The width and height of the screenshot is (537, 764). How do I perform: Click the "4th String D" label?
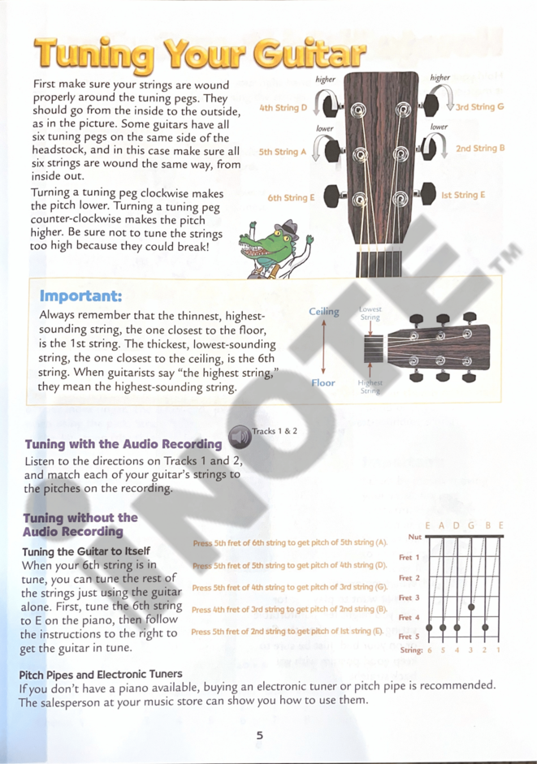(x=283, y=107)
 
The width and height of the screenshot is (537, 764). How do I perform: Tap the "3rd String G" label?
(x=479, y=106)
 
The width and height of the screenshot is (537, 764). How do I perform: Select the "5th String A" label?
(x=283, y=152)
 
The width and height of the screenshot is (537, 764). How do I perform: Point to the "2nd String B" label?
(x=480, y=149)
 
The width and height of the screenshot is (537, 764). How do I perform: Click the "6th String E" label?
(x=291, y=197)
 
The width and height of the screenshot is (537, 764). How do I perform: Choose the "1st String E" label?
(x=463, y=195)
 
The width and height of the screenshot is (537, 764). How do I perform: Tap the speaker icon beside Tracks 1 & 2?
(x=240, y=438)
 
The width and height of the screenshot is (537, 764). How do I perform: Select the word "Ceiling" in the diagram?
(x=324, y=311)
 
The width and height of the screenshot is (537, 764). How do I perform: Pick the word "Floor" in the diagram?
(x=323, y=382)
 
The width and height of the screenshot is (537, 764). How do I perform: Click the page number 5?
(x=260, y=736)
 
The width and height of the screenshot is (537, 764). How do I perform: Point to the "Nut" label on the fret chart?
(x=414, y=537)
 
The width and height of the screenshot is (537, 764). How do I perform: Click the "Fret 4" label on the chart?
(x=409, y=618)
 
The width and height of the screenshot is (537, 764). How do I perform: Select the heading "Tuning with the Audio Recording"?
(x=123, y=444)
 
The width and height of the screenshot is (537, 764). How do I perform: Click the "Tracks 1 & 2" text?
(x=275, y=431)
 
